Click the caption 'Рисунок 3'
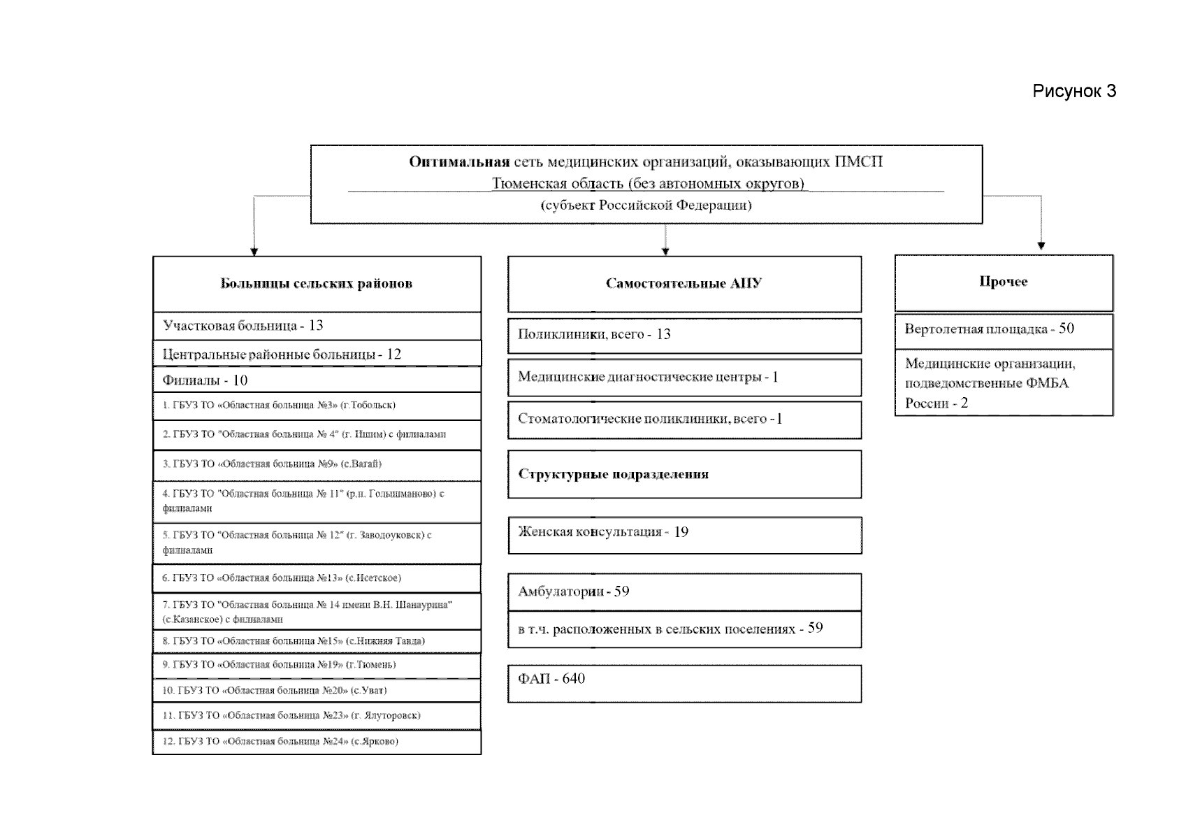pos(1073,92)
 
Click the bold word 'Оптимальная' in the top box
pos(458,162)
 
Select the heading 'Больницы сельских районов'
pos(317,284)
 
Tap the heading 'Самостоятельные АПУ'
pos(684,284)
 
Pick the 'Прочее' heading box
pos(1003,282)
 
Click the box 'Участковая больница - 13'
pos(317,326)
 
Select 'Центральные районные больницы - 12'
pos(317,354)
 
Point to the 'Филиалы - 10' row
pos(317,380)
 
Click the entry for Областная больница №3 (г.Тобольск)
pos(317,406)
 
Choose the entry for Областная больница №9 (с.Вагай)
pos(317,464)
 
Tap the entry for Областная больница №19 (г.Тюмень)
pos(317,665)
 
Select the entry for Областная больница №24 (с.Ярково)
pos(317,742)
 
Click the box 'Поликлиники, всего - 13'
pos(684,335)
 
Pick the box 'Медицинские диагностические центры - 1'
pos(684,378)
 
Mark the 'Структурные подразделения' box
pos(684,474)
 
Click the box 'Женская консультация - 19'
pos(684,533)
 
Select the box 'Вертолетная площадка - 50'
pos(1003,330)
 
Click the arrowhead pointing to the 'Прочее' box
pos(1041,245)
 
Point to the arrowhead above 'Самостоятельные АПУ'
pos(665,250)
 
